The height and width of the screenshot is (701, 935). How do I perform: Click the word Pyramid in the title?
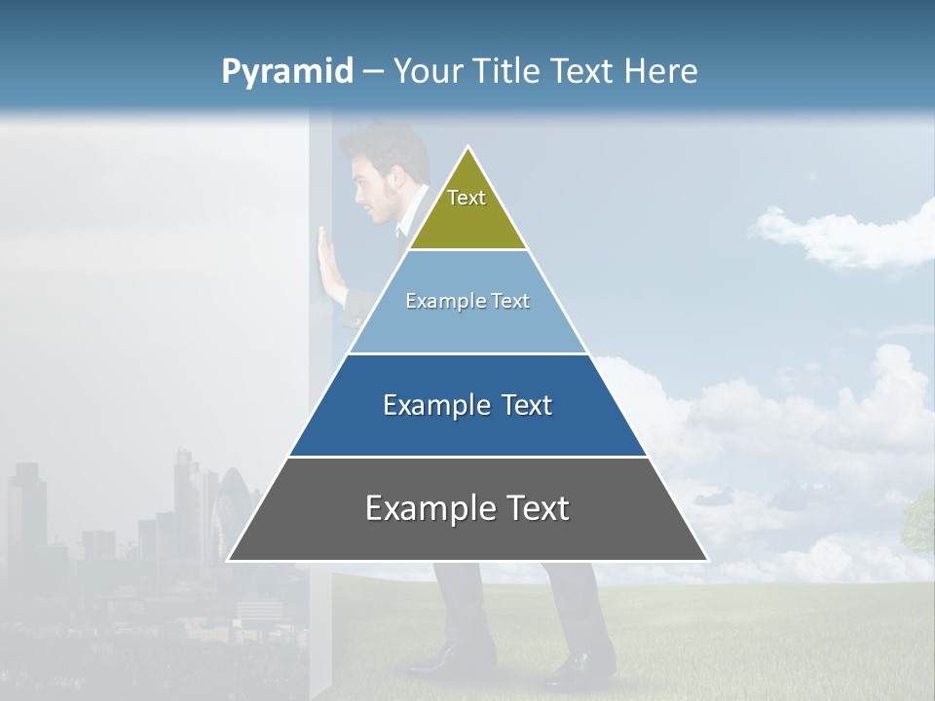coord(287,72)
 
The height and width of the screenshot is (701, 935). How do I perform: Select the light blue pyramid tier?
coord(467,326)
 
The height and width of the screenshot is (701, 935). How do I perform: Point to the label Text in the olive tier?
coord(467,198)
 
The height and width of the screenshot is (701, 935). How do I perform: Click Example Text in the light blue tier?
coord(467,301)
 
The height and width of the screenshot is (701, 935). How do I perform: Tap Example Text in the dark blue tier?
coord(467,405)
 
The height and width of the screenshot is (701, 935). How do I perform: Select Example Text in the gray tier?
coord(467,508)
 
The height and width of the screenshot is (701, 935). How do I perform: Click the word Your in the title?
coord(430,72)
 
